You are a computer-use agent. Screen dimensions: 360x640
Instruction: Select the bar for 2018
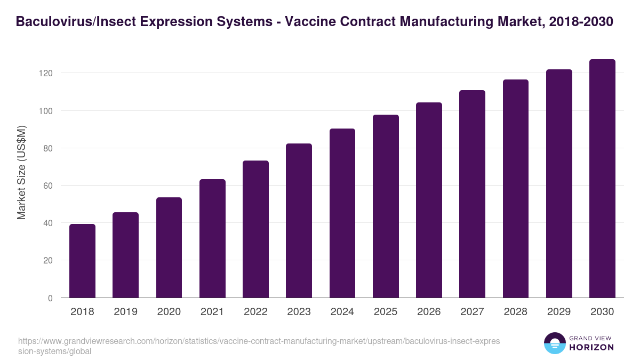82,261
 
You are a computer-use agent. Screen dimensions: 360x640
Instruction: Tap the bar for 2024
342,213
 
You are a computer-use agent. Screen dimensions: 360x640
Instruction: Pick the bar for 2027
472,194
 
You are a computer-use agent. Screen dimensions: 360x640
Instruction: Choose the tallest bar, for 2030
602,179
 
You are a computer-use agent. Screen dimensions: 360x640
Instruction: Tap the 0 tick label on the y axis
50,298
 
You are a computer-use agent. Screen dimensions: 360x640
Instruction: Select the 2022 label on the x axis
255,312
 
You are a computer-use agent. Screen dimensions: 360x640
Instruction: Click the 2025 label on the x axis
386,312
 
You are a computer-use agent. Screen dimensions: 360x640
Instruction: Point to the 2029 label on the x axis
559,312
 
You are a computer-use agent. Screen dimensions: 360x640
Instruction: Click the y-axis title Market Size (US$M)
21,173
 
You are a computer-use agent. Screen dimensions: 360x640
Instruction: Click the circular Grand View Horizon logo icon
555,343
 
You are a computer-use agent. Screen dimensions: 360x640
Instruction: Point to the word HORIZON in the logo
592,347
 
